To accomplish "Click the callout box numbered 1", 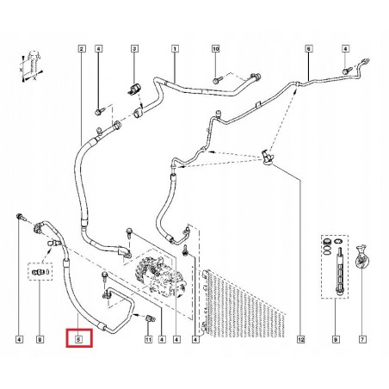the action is [175, 49].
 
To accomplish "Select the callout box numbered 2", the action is [82, 49].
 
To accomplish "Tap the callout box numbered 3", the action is [134, 49].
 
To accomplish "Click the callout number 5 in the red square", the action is [79, 340].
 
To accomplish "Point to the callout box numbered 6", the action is [308, 49].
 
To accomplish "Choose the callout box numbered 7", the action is [362, 340].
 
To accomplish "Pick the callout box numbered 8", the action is [40, 340].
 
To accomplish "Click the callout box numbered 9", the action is [336, 340].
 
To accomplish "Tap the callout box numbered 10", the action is [216, 49].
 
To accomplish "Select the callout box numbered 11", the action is [148, 340].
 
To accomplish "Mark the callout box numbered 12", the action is [300, 340].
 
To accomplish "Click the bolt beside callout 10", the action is [217, 81].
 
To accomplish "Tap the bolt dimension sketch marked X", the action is [32, 67].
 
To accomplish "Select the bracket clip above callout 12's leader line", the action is [268, 157].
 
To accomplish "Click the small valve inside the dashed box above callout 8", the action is [40, 271].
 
